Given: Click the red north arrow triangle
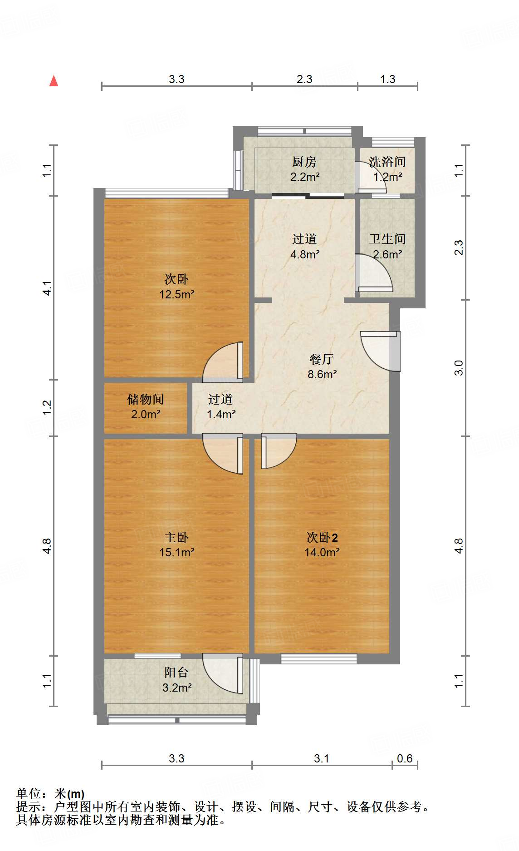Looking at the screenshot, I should (x=54, y=81).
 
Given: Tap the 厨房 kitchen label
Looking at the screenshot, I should (x=304, y=162).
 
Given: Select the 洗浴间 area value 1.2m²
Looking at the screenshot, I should (x=387, y=177).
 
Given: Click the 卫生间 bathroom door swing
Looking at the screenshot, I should (x=374, y=273).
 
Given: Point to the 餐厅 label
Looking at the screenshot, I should (x=322, y=359).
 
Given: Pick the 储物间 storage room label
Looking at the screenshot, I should (x=145, y=399).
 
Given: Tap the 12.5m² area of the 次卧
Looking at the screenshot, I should (x=176, y=294).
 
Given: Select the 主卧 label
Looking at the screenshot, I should (x=176, y=538).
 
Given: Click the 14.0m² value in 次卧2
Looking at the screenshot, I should (x=322, y=553).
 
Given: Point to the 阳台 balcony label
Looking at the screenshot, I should (x=176, y=673).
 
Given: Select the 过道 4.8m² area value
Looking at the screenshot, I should (x=304, y=254).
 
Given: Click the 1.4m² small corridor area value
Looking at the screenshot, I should (x=221, y=414).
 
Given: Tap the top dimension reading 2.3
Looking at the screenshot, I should (x=304, y=79).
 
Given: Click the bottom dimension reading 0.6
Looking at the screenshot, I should (x=405, y=758).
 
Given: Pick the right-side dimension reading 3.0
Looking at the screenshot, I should (x=459, y=367).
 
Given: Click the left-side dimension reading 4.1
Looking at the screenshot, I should (x=48, y=288).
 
